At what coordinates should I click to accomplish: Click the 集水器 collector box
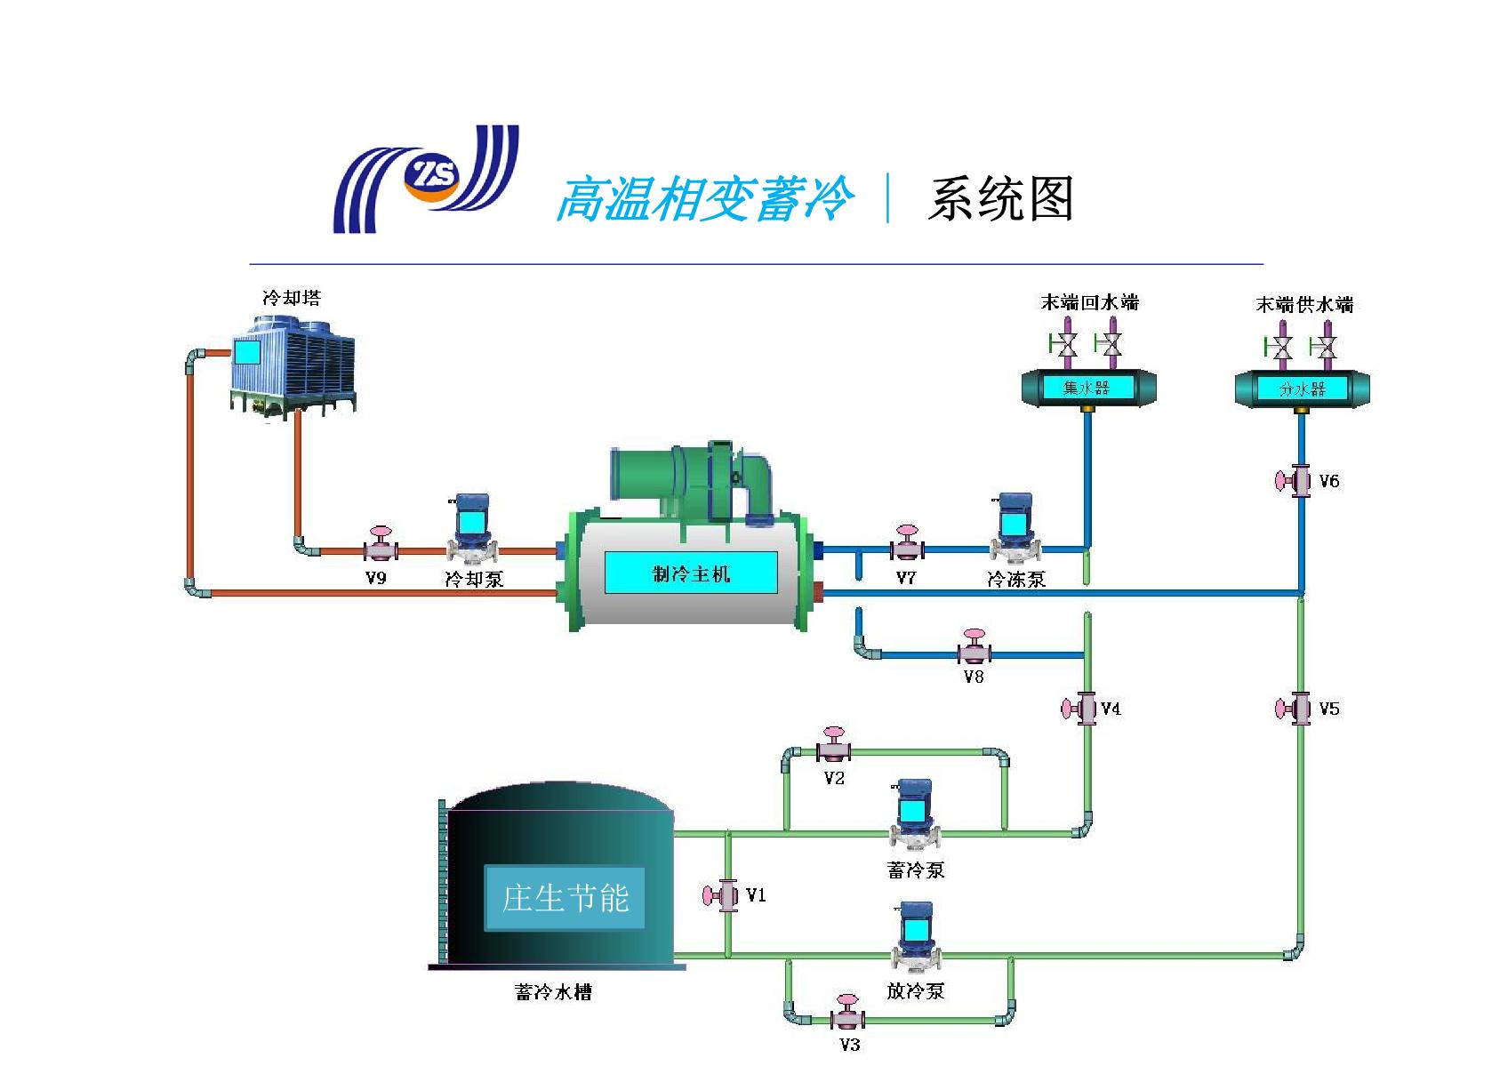[1087, 388]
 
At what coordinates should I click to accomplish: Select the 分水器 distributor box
[1302, 389]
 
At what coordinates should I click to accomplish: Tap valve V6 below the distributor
[1294, 481]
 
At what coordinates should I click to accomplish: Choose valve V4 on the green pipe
[1079, 709]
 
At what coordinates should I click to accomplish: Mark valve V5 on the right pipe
[1294, 709]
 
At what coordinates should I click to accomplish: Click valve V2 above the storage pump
[834, 746]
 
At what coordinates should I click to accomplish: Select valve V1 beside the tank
[721, 895]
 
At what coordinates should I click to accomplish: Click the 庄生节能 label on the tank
[565, 898]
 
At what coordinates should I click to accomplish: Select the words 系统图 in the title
[1000, 198]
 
